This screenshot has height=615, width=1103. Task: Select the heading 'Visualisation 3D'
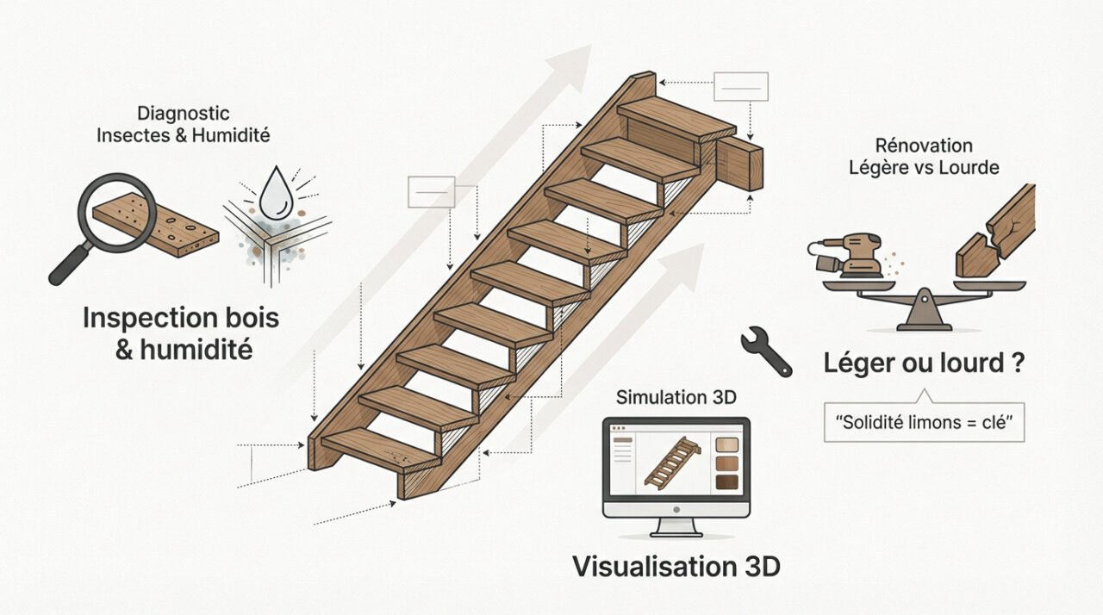676,567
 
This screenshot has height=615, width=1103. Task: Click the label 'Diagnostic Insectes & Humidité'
183,124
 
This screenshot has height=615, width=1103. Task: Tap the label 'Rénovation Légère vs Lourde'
924,157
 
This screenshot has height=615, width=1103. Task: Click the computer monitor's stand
676,526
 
